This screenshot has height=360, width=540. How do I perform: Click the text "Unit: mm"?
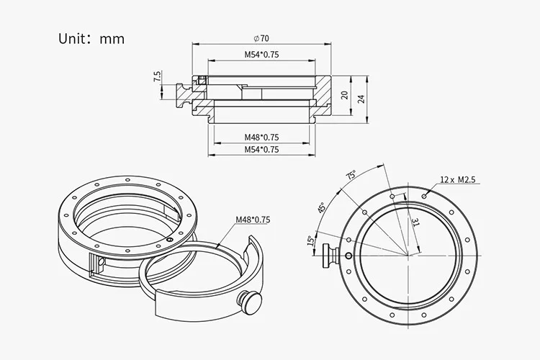[x=91, y=39]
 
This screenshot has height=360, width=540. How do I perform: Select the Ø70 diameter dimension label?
[x=261, y=38]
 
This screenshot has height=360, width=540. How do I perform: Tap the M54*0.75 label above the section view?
[x=262, y=55]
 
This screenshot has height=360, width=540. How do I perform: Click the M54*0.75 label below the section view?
[x=262, y=150]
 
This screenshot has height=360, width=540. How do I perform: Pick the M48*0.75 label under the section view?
[x=262, y=137]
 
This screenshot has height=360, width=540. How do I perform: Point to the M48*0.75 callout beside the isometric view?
[x=253, y=220]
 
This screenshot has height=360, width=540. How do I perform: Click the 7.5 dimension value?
[x=157, y=76]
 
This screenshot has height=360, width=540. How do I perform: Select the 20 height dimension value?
[x=344, y=95]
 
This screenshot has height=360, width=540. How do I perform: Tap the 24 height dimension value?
[x=361, y=99]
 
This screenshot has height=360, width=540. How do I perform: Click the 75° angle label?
[x=351, y=175]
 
